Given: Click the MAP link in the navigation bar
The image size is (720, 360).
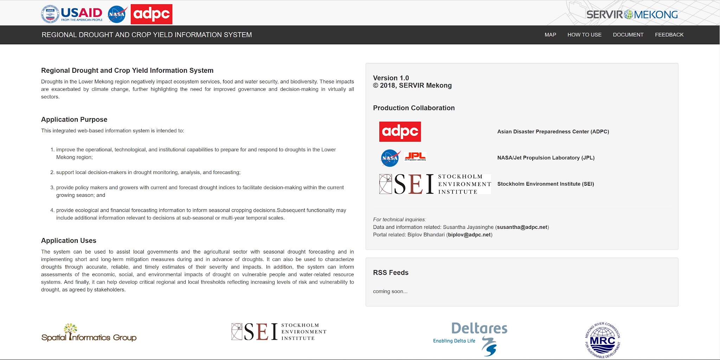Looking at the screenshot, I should coord(550,35).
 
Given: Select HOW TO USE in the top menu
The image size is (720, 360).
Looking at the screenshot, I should coord(584,35).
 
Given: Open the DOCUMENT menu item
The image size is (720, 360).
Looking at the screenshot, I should coord(628,35).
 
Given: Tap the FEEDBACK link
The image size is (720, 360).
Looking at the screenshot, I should coord(669,35).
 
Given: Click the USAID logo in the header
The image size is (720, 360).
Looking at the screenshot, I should coord(72,14).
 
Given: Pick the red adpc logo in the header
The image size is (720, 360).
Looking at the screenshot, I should coord(152,14).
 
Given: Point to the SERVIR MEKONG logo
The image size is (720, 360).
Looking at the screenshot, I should coord(632,14).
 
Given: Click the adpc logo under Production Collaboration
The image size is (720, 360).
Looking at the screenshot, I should coord(400,131).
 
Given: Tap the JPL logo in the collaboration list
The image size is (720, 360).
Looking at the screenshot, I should coord(415,156).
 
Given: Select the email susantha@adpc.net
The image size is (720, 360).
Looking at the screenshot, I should coord(522,227).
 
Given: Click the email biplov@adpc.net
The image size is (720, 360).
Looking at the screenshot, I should coord(469,235).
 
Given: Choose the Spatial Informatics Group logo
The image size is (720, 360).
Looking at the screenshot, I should coord(89,333).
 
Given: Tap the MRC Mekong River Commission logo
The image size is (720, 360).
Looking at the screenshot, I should coord(602,340).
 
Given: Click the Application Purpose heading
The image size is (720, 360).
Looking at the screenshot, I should coord(74,120).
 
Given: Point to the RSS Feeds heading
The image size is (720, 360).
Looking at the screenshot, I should coord(391,272).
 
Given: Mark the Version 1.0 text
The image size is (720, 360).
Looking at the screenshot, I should coord(391,78).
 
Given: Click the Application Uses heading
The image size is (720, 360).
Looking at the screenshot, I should coord(69,240).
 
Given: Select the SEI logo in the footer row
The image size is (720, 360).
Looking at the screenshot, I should coord(279,332).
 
